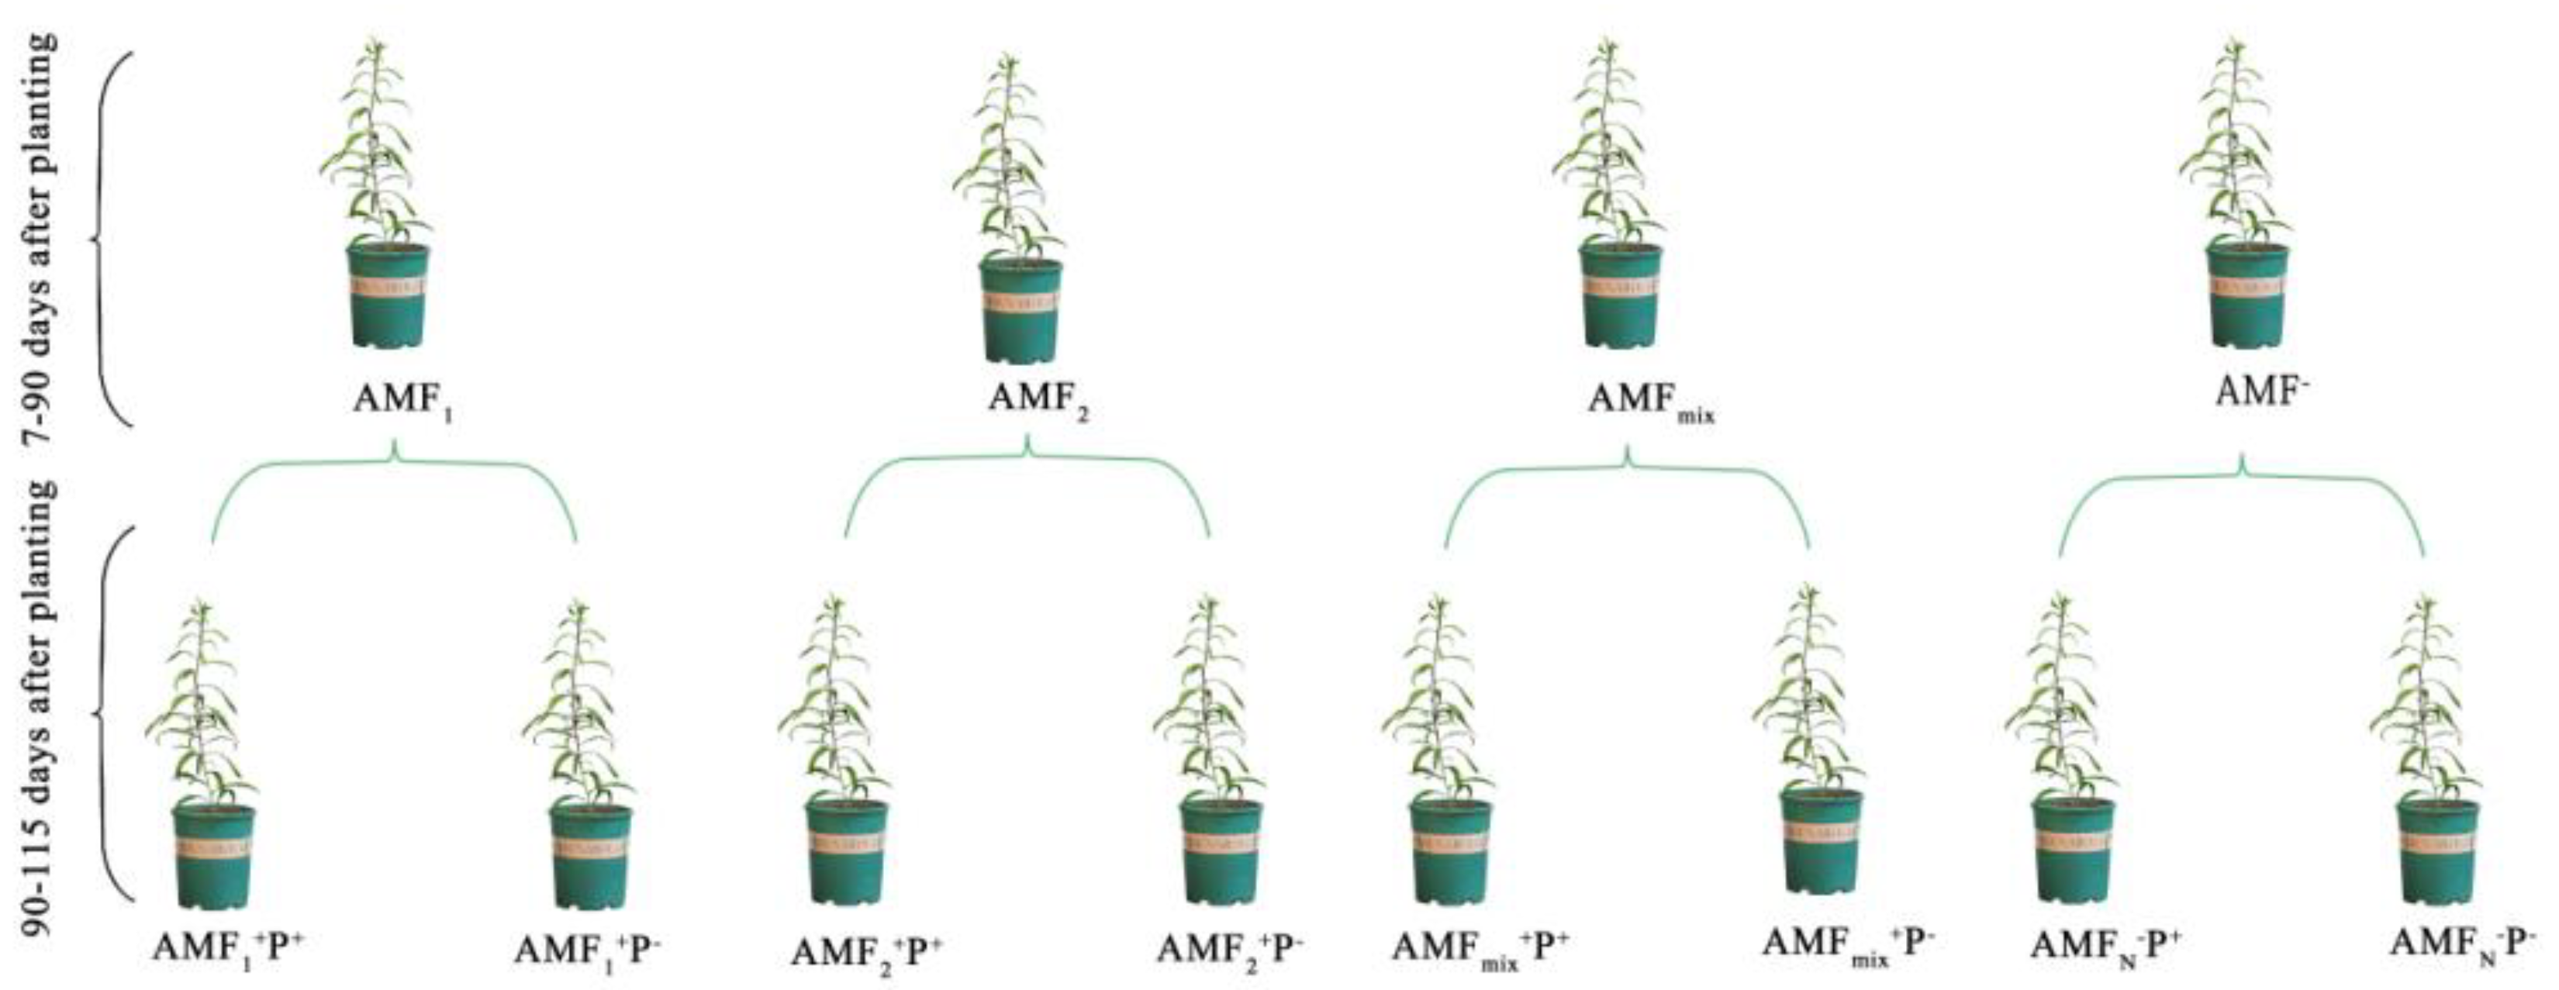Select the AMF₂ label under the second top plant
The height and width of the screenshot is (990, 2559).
(1037, 402)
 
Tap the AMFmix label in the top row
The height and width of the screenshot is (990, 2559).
(1650, 402)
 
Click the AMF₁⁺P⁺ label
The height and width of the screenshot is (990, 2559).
(227, 947)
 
